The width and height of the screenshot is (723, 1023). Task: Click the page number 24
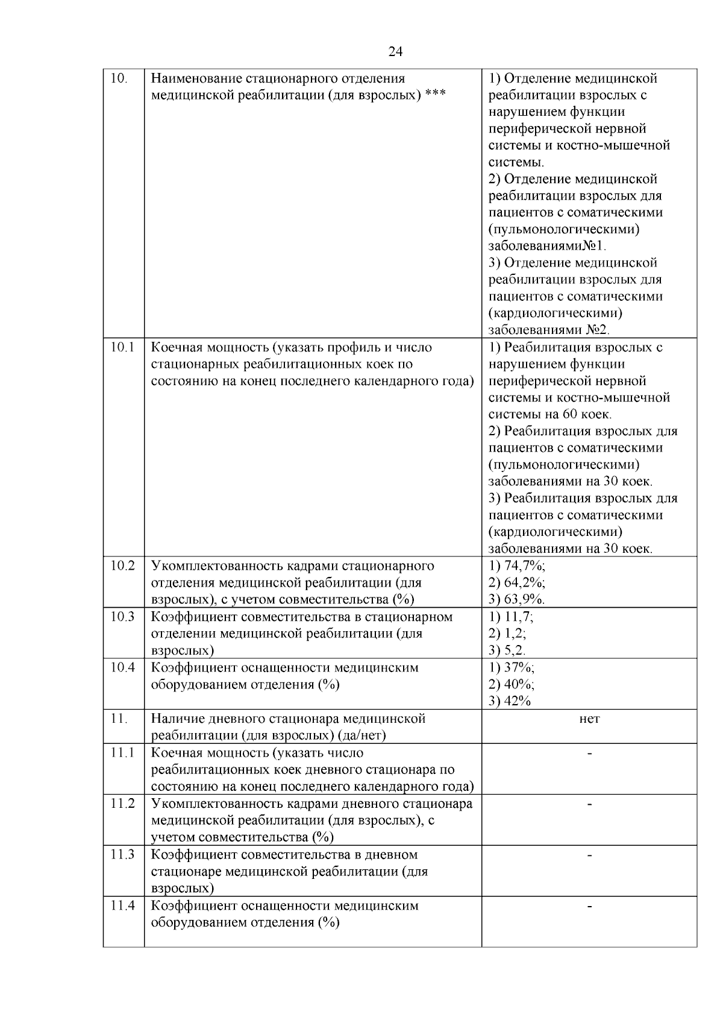point(395,52)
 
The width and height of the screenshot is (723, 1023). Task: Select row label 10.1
point(123,348)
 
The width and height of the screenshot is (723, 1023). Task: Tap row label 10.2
point(123,566)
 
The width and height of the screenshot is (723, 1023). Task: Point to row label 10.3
point(123,617)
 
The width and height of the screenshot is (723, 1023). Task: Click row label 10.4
point(123,668)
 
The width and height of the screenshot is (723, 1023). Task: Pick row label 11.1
point(123,753)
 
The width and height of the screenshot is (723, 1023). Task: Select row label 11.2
point(123,804)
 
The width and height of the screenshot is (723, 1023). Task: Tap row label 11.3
point(123,855)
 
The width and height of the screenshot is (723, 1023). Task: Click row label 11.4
point(123,905)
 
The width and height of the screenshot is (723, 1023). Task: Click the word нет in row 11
point(589,719)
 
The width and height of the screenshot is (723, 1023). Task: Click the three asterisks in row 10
point(435,95)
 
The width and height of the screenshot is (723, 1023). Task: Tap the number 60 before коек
point(570,415)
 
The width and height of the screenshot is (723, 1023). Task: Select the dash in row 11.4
point(589,906)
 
